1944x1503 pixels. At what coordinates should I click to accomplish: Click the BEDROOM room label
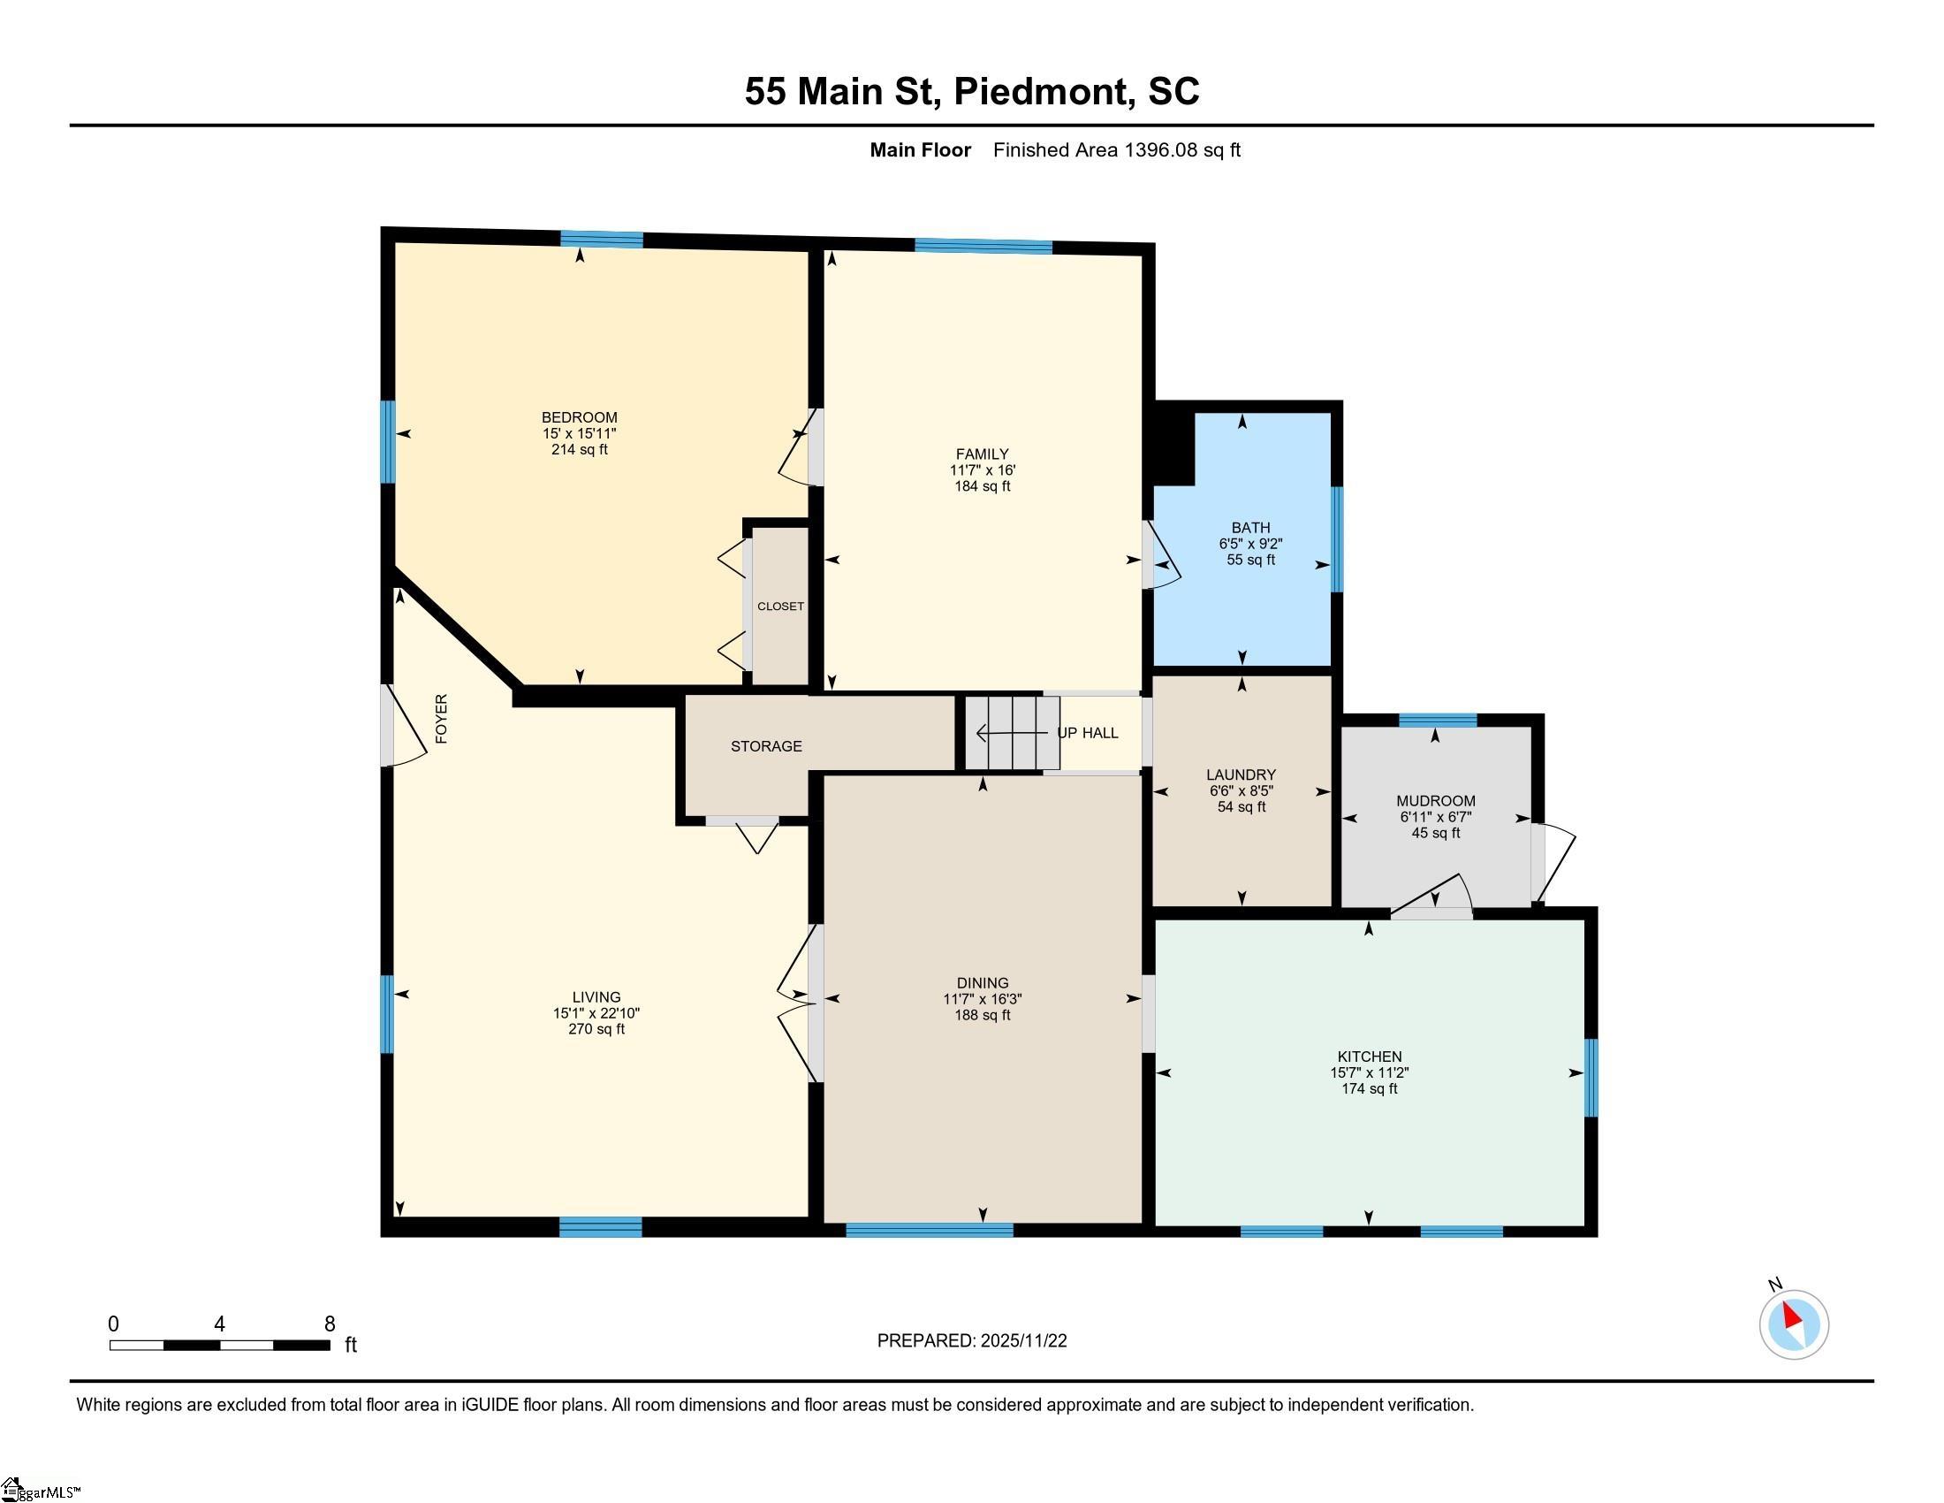tap(580, 417)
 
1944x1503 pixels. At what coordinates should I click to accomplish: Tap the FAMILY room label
tap(983, 454)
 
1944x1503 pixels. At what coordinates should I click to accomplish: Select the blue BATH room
tap(1242, 538)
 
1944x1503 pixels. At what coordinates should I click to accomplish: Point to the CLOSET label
tap(780, 607)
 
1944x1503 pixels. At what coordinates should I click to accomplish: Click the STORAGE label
tap(766, 746)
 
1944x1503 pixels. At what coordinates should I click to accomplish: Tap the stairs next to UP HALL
tap(1013, 733)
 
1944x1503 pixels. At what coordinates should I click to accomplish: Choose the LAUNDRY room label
tap(1242, 774)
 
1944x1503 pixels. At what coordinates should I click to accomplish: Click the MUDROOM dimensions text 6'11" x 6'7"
tap(1436, 817)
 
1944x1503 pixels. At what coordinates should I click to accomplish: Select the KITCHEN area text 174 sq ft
tap(1369, 1088)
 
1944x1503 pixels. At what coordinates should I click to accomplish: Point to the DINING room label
tap(983, 983)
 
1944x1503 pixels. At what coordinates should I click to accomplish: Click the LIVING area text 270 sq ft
tap(596, 1028)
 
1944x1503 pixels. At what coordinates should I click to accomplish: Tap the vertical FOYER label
tap(442, 719)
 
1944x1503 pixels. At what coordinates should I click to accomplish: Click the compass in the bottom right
tap(1794, 1324)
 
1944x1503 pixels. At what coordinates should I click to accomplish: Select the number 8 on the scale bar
tap(330, 1324)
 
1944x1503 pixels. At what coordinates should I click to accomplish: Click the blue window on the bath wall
tap(1337, 539)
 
